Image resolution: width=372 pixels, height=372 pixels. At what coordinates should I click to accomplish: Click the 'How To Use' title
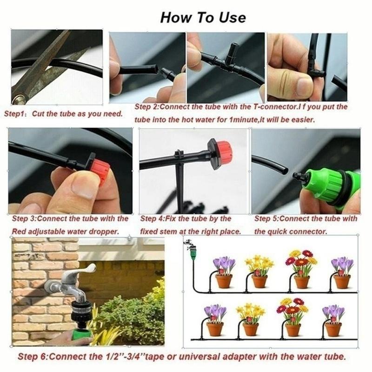[203, 17]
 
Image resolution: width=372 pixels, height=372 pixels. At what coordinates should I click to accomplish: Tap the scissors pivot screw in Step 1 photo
[19, 99]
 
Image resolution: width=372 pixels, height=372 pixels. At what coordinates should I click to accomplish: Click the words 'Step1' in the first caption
[14, 114]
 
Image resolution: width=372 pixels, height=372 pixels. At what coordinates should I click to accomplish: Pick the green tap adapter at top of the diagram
[192, 252]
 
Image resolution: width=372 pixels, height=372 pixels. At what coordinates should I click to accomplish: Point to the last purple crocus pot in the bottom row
[333, 320]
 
